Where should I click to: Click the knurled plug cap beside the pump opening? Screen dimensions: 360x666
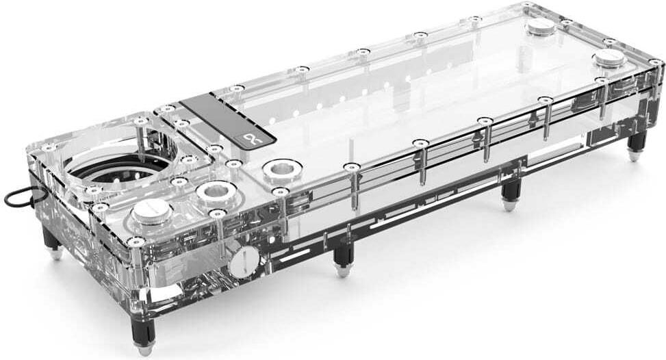click(151, 212)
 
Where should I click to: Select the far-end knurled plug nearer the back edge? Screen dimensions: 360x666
click(541, 27)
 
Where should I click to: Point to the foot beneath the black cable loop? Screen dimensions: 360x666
click(54, 252)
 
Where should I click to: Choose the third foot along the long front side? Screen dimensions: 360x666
click(509, 203)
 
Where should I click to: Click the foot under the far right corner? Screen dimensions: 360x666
click(636, 155)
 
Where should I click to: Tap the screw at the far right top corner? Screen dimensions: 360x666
click(654, 62)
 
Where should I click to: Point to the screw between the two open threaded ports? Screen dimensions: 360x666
click(233, 164)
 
